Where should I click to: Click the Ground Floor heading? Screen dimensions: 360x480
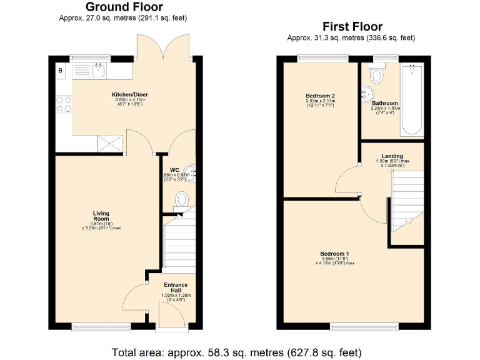coord(124,7)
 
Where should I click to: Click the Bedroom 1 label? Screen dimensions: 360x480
coord(336,254)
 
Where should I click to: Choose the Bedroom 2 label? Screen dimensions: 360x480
coord(320,96)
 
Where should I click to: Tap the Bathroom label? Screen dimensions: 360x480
coord(384,103)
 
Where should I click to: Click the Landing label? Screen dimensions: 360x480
coord(392,156)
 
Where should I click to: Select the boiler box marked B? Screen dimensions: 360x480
coord(61,71)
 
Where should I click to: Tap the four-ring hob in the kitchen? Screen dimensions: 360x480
coord(64,104)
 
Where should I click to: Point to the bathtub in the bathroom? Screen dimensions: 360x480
coord(412,100)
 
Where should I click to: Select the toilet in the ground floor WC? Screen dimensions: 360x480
coord(181,199)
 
